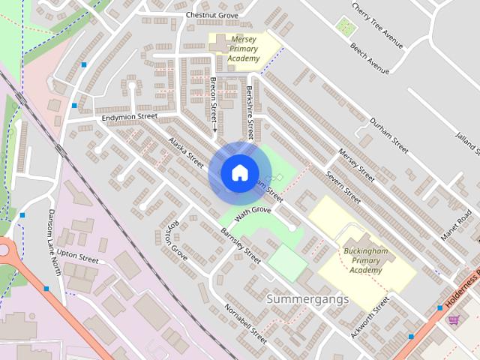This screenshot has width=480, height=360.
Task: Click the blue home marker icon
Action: pyautogui.click(x=239, y=172)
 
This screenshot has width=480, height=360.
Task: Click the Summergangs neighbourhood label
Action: pyautogui.click(x=307, y=299)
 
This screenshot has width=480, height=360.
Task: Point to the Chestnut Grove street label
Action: pyautogui.click(x=211, y=15)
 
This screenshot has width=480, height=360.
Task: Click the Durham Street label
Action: pyautogui.click(x=388, y=135)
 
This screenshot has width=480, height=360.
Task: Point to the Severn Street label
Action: pyautogui.click(x=343, y=185)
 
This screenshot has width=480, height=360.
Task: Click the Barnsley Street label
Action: pyautogui.click(x=241, y=245)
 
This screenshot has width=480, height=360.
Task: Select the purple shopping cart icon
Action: pyautogui.click(x=454, y=320)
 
